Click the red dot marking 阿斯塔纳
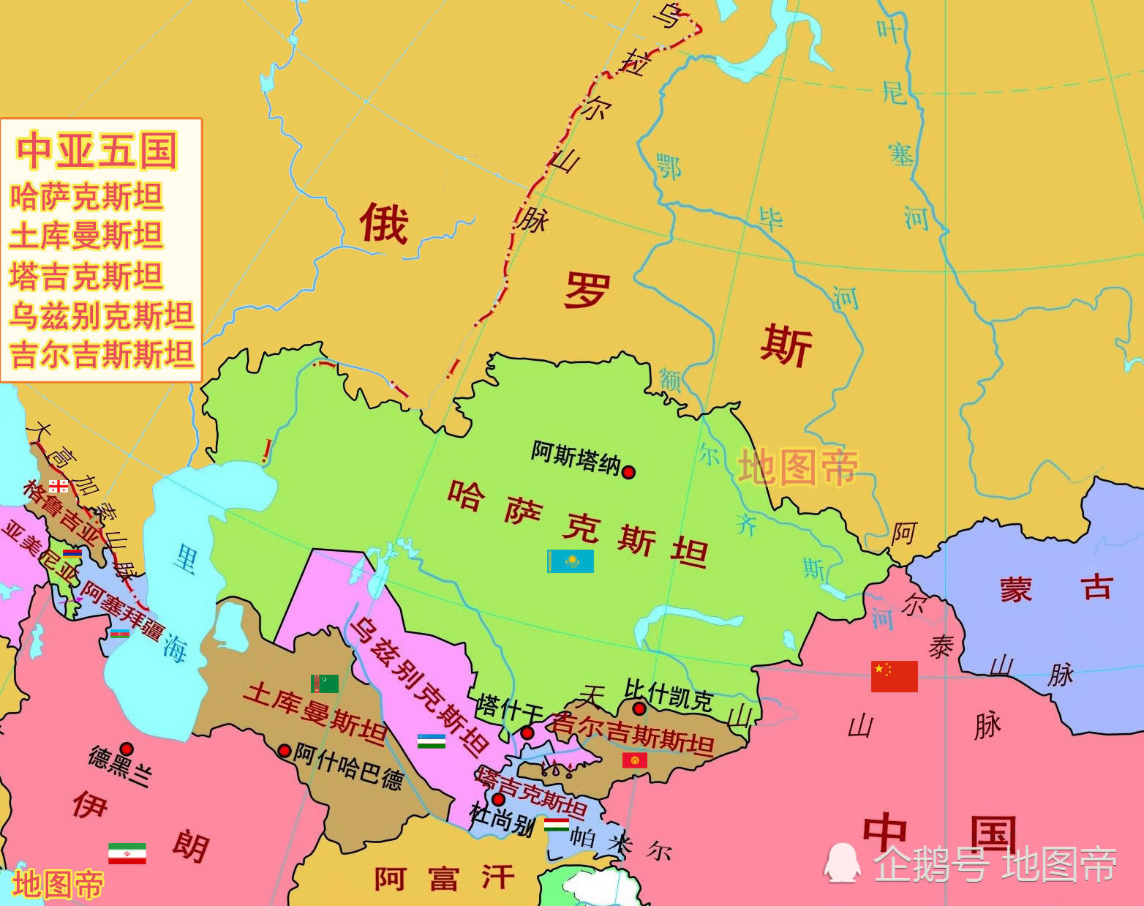(x=628, y=472)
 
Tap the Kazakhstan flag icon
(x=571, y=561)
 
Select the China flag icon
(x=894, y=676)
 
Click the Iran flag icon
(x=127, y=853)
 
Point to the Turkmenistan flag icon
(x=325, y=684)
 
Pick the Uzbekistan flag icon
(x=432, y=741)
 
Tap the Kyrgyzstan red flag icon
(x=635, y=760)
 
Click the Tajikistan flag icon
(x=556, y=825)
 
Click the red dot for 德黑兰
(x=127, y=749)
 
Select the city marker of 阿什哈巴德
(x=285, y=751)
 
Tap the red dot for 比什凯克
(x=639, y=708)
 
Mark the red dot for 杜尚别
(x=498, y=799)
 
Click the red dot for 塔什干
(x=527, y=733)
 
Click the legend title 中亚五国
(x=97, y=151)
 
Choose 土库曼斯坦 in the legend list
(x=86, y=236)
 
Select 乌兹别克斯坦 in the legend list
(x=101, y=315)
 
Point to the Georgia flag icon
(x=59, y=486)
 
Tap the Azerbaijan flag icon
(x=120, y=634)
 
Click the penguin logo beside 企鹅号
(x=841, y=863)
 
